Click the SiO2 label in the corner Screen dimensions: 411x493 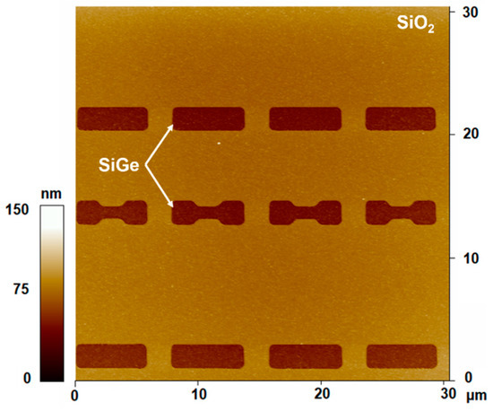[x=417, y=20]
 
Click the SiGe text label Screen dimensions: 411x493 [x=118, y=164]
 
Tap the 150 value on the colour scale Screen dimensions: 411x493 [x=17, y=209]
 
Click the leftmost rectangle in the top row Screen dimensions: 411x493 [x=112, y=118]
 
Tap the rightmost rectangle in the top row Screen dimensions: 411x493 [x=401, y=118]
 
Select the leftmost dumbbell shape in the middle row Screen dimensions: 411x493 [x=112, y=213]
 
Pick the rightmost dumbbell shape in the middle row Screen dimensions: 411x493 [x=401, y=213]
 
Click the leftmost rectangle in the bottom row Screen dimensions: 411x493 [x=112, y=355]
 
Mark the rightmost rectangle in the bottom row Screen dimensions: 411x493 [x=401, y=355]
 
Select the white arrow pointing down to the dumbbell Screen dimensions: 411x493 [x=160, y=185]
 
